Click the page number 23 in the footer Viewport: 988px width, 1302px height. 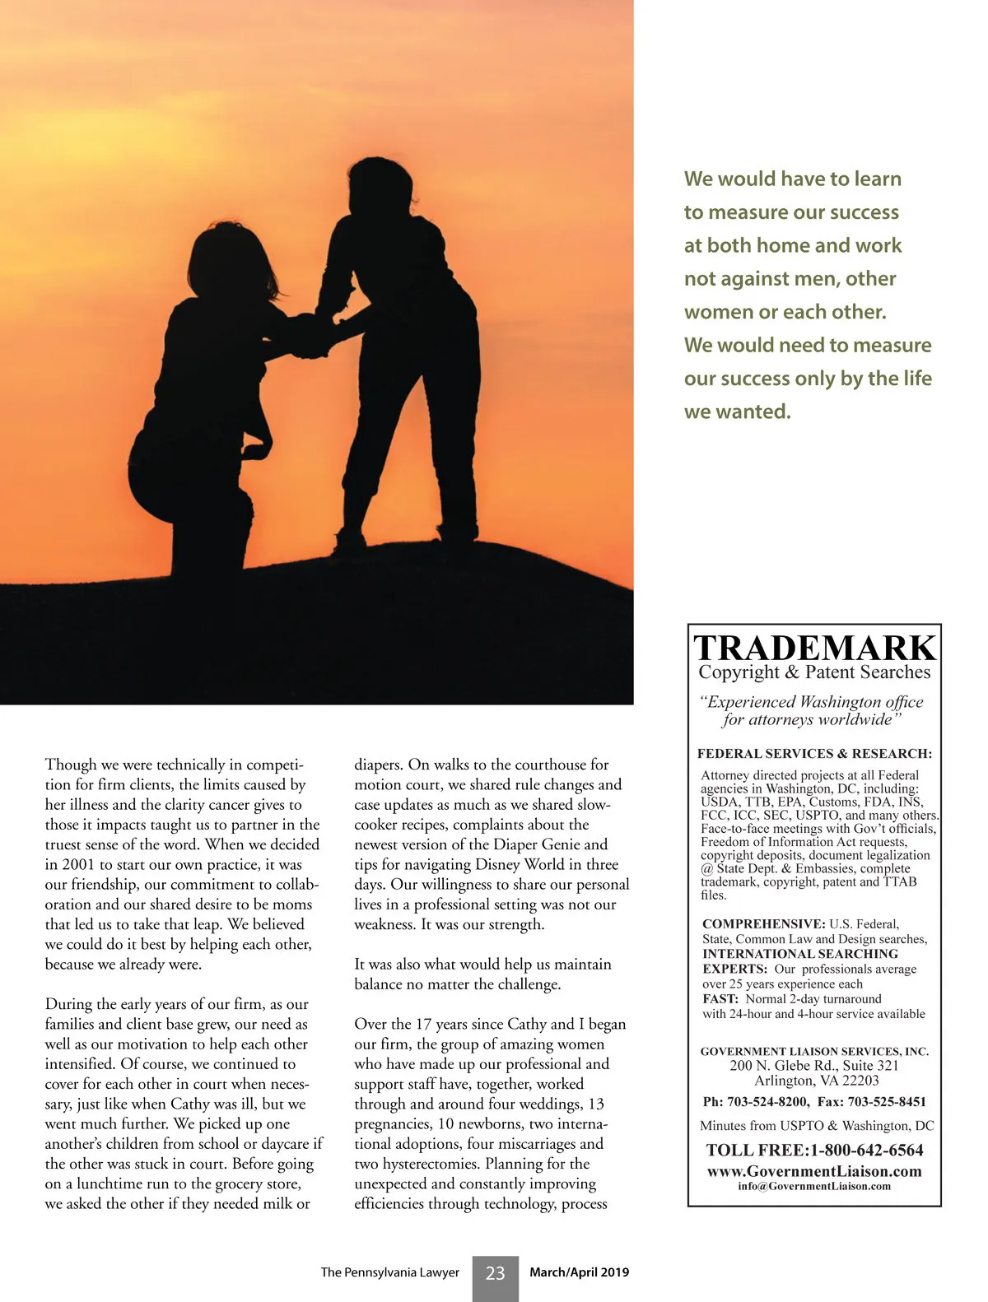click(x=495, y=1273)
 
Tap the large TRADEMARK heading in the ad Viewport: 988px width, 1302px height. click(x=814, y=649)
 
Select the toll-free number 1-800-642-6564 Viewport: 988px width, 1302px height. click(x=867, y=1150)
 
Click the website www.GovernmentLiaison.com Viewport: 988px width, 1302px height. click(x=814, y=1170)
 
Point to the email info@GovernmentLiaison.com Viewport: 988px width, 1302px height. click(x=814, y=1186)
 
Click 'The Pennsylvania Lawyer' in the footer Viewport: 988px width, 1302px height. click(x=389, y=1272)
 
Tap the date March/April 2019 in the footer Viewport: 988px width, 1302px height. click(x=579, y=1272)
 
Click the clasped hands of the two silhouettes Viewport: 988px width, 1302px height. click(x=309, y=336)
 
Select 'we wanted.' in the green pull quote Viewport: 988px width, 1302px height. click(x=737, y=412)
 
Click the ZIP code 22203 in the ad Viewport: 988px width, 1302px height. click(x=860, y=1081)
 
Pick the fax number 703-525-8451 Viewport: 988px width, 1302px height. click(x=885, y=1102)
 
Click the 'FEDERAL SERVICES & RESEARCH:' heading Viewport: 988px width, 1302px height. click(x=814, y=753)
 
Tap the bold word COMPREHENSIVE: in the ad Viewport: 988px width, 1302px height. click(x=763, y=924)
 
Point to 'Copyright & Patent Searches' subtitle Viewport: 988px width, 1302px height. click(x=814, y=672)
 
